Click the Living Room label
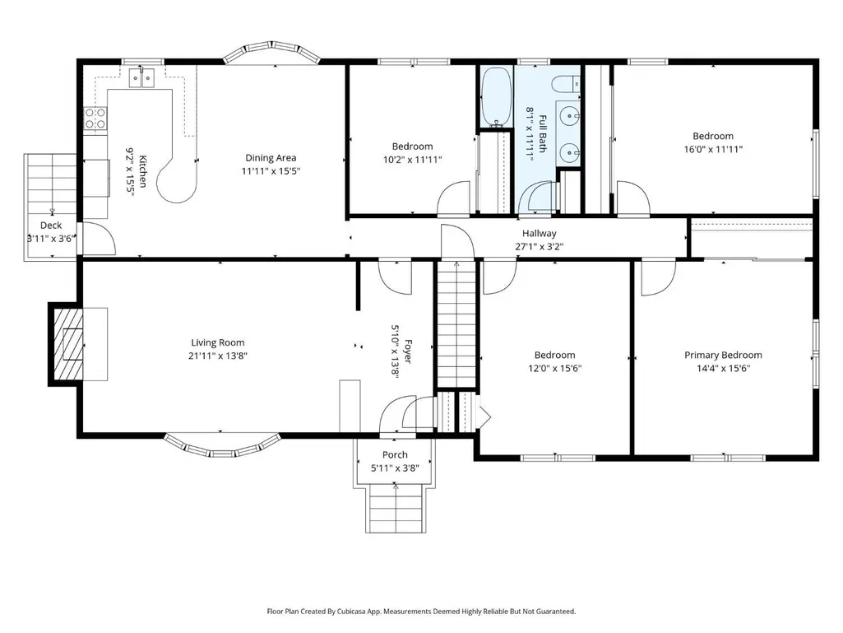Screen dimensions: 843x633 tap(218, 342)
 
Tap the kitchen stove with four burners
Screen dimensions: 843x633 tap(95, 119)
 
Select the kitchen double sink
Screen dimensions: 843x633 tap(141, 78)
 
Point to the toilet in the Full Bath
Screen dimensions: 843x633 tap(567, 84)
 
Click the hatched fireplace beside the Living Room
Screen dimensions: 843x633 tap(67, 345)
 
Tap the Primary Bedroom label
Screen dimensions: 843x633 tap(723, 355)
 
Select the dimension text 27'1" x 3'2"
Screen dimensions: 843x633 tap(539, 247)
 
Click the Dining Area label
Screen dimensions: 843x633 tap(271, 158)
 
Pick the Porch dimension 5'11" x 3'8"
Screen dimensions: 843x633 tap(395, 468)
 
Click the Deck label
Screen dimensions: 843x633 tap(51, 225)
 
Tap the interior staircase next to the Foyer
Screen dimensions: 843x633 tap(456, 323)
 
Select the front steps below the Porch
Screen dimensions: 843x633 tap(396, 510)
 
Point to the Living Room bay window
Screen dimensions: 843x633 tap(221, 445)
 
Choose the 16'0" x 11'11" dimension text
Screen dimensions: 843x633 tap(713, 150)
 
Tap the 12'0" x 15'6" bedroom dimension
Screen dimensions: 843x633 tap(555, 369)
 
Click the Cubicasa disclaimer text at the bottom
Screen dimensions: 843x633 tap(421, 611)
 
